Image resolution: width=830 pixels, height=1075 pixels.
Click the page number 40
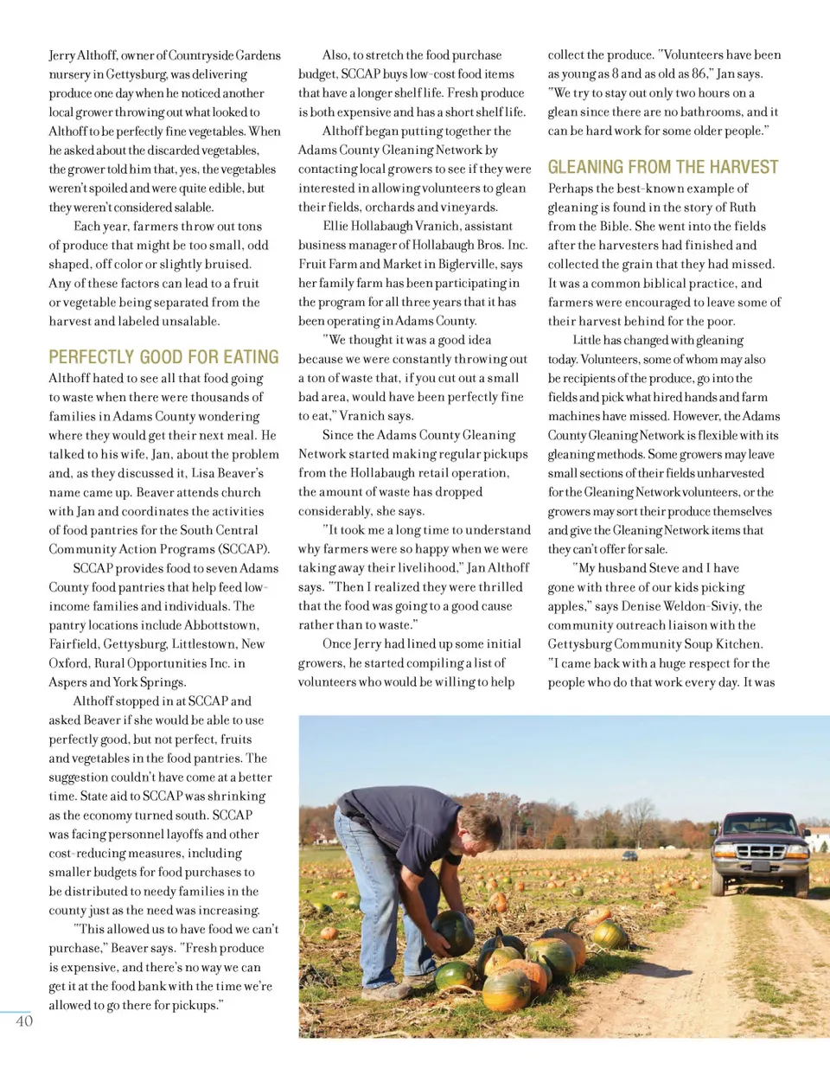click(x=24, y=1021)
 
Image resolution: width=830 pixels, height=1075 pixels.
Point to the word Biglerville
click(x=465, y=264)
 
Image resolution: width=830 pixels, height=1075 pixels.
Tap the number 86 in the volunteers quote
click(x=699, y=74)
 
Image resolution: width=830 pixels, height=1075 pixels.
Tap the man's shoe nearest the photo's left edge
click(x=385, y=991)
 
